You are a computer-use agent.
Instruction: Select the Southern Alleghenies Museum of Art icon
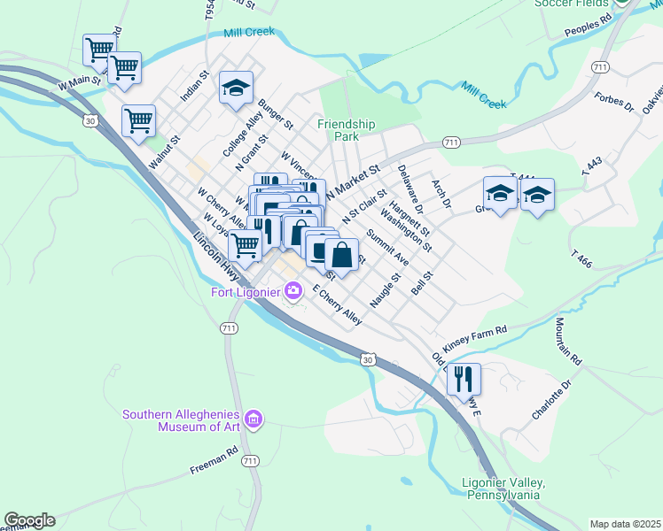point(253,418)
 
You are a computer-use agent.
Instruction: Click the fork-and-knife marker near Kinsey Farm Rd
point(464,380)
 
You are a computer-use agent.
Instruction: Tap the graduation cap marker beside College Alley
point(237,88)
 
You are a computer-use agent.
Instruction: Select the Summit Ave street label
point(387,249)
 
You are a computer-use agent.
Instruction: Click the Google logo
point(29,520)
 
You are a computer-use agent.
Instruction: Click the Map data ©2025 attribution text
point(624,524)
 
